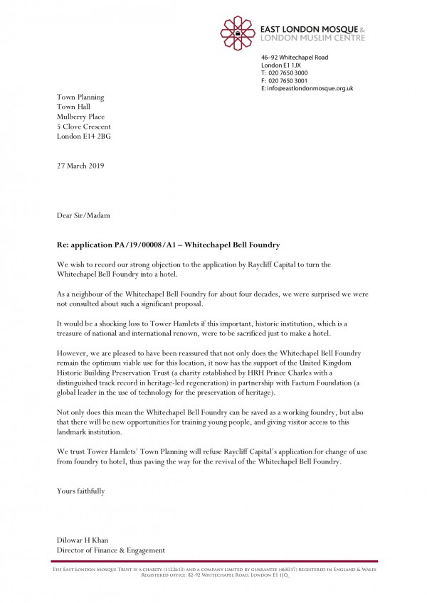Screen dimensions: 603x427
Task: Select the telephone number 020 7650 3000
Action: coord(288,73)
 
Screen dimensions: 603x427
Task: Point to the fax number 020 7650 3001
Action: coord(288,80)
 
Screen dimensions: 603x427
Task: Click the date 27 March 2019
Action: coord(80,166)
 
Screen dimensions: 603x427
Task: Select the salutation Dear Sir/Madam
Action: coord(83,214)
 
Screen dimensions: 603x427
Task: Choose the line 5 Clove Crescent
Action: coord(83,126)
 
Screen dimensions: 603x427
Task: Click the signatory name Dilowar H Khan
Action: coord(83,540)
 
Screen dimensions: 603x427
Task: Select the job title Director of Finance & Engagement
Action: coord(111,550)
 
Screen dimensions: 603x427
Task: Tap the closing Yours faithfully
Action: coord(81,491)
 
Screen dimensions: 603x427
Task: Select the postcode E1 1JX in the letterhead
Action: coord(291,65)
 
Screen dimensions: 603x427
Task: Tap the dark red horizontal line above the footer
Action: coord(213,562)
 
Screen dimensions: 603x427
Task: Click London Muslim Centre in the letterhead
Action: coord(313,38)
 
